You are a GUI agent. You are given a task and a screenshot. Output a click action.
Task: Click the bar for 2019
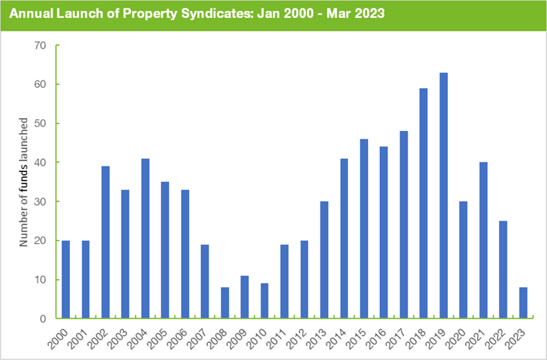(444, 196)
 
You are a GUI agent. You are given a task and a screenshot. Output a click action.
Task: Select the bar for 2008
(225, 303)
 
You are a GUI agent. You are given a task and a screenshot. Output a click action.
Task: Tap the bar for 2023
(523, 303)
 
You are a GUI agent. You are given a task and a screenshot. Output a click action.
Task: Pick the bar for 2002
(105, 243)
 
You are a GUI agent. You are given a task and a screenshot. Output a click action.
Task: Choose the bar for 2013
(324, 260)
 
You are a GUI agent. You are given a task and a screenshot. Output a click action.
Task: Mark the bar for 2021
(483, 241)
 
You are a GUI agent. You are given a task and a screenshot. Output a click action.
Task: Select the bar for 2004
(145, 239)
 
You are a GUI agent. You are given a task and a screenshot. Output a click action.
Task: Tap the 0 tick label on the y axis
(42, 319)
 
